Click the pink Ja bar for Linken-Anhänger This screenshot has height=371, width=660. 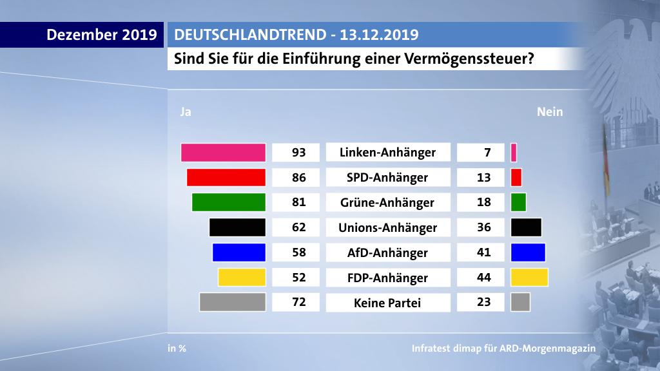coord(223,153)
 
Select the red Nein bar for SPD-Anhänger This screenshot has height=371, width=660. coord(516,177)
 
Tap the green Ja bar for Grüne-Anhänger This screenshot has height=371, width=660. coord(229,202)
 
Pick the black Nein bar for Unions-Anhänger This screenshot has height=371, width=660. coord(525,227)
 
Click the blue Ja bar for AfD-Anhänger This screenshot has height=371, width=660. coord(239,252)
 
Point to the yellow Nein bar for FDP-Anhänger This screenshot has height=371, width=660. coord(529,278)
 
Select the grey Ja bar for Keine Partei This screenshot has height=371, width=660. coord(233,302)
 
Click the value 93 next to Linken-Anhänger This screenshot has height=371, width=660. coord(297,153)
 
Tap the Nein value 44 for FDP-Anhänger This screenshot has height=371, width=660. coord(484,278)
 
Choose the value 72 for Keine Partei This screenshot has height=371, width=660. coord(297,302)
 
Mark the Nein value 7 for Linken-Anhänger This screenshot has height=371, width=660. coord(484,153)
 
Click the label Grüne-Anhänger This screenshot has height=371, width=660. coord(387,202)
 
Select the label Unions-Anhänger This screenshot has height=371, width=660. coord(387,227)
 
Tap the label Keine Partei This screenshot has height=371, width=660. coord(387,302)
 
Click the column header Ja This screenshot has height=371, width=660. coord(186,112)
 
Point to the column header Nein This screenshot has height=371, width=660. coord(550,112)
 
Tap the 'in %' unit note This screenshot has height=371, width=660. coord(177,348)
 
